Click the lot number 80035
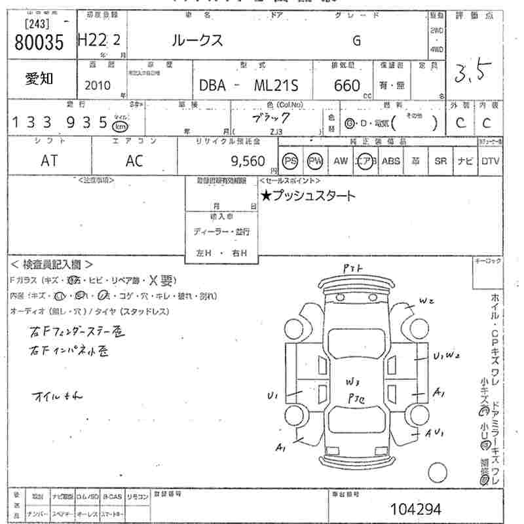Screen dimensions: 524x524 [39, 43]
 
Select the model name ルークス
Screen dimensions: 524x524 [196, 41]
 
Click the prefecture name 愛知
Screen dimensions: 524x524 [39, 79]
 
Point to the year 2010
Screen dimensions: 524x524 [98, 86]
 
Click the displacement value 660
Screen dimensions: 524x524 [346, 86]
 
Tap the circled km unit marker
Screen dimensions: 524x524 [119, 126]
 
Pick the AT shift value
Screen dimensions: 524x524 [49, 161]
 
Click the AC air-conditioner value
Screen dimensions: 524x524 [134, 161]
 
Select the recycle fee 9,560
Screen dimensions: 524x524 [248, 162]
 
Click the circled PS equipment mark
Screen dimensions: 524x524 [290, 161]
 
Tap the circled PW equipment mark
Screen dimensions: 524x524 [316, 161]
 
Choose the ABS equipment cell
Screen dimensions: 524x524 [391, 161]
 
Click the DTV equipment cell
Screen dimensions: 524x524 [490, 161]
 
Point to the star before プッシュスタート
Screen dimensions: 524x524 [266, 195]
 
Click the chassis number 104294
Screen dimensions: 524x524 [415, 509]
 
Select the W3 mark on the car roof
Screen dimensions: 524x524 [354, 381]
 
